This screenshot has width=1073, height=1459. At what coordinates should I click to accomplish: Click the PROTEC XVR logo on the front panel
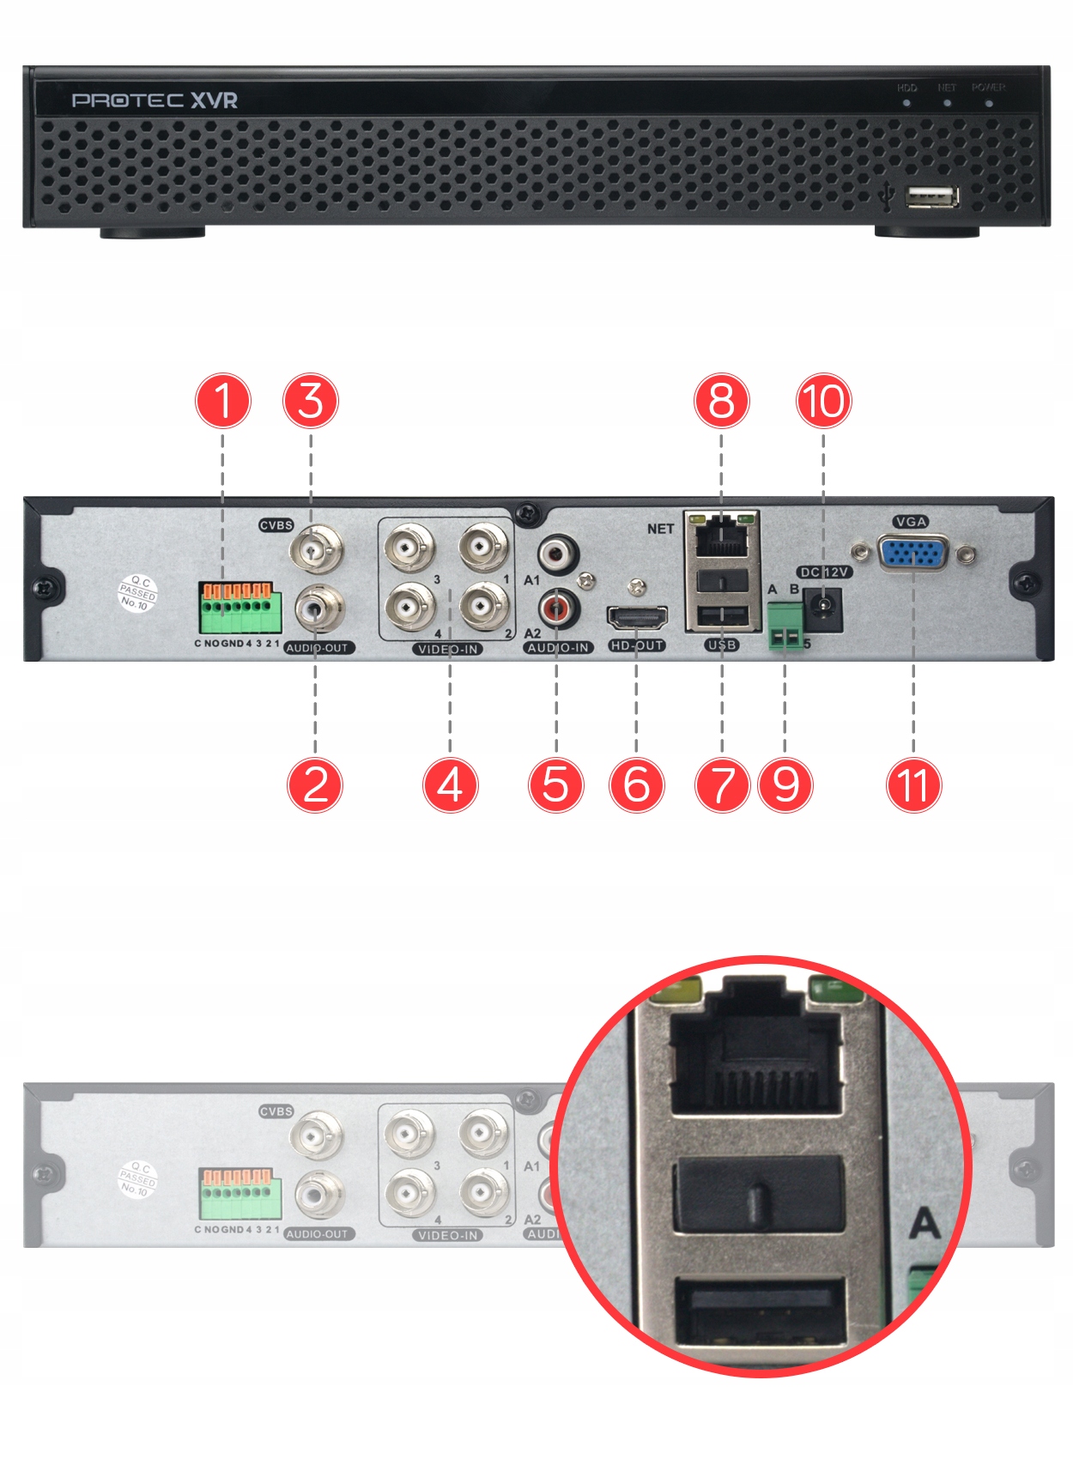(x=155, y=100)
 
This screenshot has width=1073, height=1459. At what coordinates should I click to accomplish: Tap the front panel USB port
(x=931, y=197)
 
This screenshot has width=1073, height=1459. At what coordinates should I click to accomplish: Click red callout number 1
(x=223, y=401)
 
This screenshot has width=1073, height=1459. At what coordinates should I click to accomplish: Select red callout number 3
(x=311, y=401)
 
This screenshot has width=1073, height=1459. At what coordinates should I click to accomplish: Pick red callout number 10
(x=823, y=401)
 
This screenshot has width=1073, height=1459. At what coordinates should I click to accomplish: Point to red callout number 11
(x=913, y=784)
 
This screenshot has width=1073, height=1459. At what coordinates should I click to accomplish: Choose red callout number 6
(x=636, y=784)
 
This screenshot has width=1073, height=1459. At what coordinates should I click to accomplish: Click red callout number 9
(x=785, y=784)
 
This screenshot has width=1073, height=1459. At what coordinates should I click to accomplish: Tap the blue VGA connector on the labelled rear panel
(x=913, y=553)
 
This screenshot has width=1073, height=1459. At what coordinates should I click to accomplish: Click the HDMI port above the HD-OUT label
(x=637, y=618)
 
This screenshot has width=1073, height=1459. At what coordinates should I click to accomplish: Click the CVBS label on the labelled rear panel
(x=276, y=525)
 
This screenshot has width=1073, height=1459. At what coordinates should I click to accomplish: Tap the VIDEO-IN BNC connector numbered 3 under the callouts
(x=409, y=546)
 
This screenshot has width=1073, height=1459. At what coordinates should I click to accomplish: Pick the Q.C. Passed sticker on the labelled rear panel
(x=137, y=593)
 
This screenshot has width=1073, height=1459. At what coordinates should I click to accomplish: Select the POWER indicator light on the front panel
(x=989, y=103)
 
